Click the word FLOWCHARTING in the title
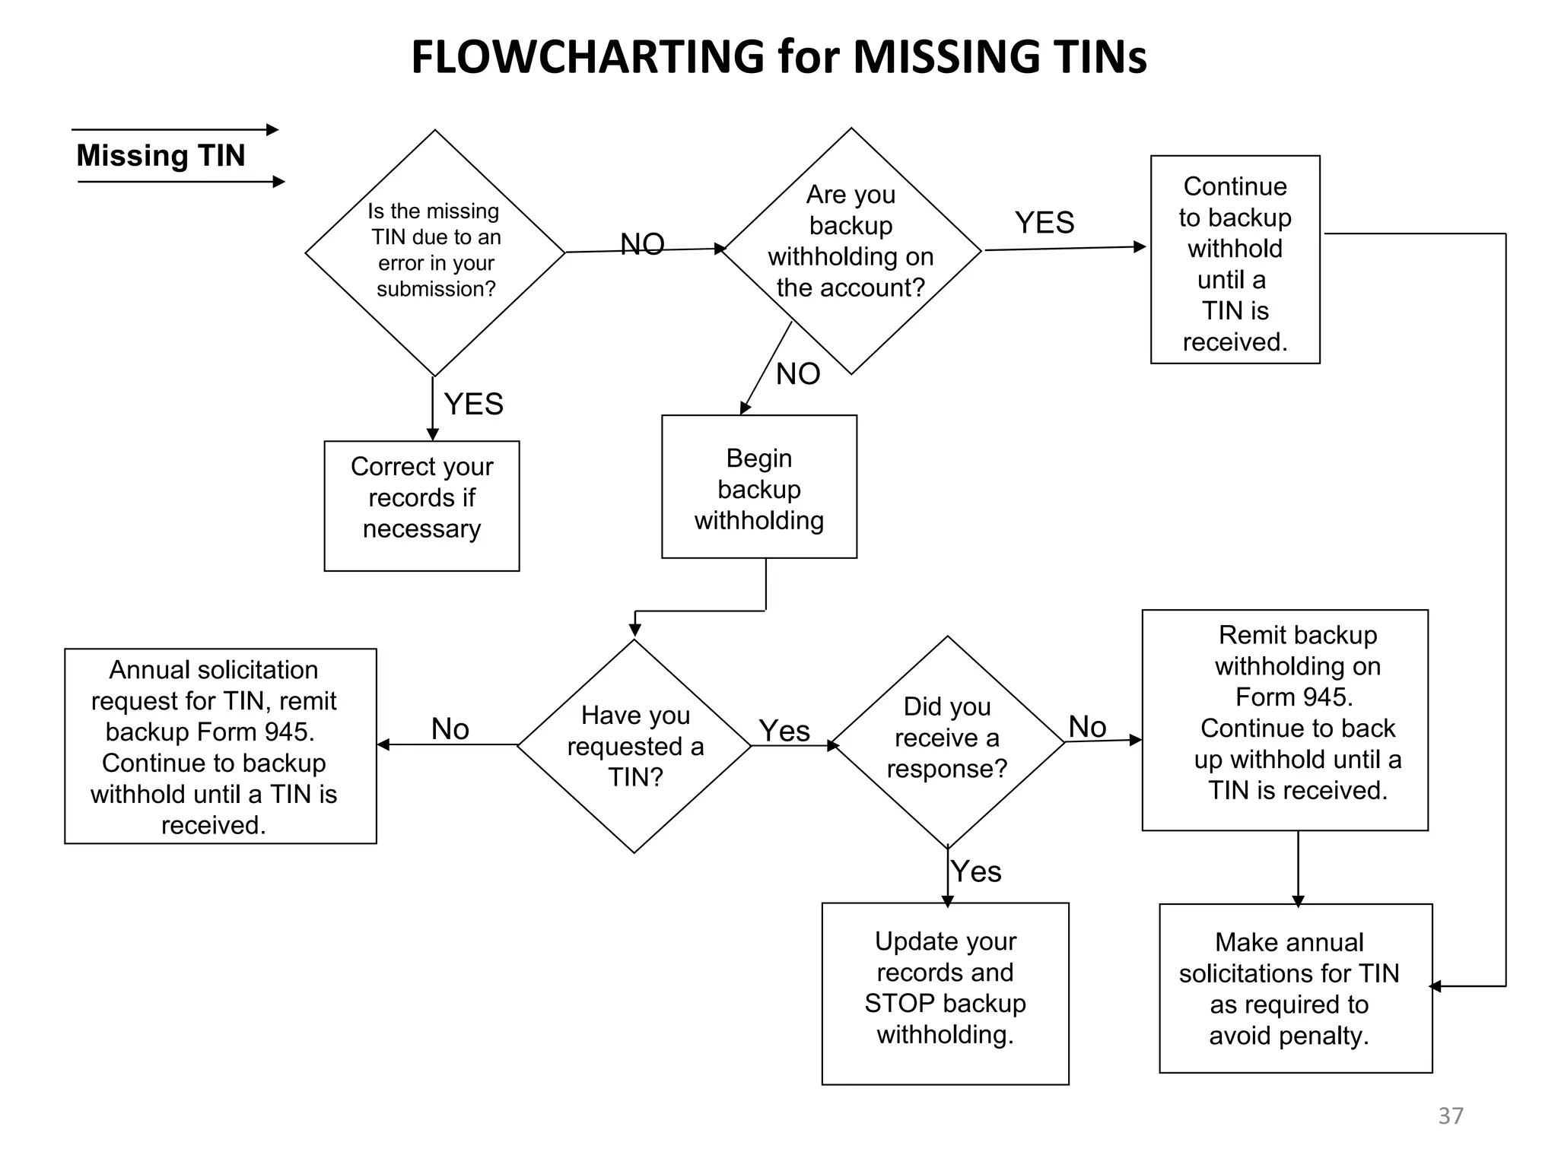click(587, 57)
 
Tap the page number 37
click(1450, 1116)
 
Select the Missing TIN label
click(161, 156)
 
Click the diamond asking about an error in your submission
click(434, 252)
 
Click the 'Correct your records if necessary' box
click(421, 505)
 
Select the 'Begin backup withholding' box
click(758, 487)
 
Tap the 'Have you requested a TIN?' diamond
click(634, 745)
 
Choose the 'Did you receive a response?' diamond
click(947, 741)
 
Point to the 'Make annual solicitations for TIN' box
click(1295, 988)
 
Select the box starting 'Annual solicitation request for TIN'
click(220, 746)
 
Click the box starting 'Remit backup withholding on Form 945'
click(1284, 719)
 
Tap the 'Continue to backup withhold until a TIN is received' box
click(1235, 260)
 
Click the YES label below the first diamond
click(473, 404)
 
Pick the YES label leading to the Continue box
click(1044, 223)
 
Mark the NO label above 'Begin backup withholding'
click(798, 374)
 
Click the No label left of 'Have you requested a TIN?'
click(450, 729)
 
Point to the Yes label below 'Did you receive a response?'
click(976, 871)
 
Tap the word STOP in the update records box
click(895, 1004)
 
